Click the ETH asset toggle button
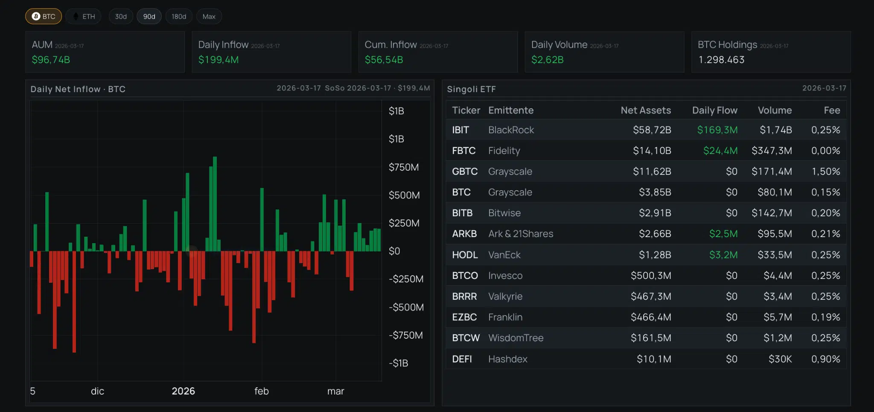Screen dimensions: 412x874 click(84, 17)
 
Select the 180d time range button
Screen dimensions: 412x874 click(179, 17)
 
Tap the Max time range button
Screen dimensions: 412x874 click(209, 17)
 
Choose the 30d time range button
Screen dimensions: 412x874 click(121, 17)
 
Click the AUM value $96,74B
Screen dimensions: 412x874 click(51, 60)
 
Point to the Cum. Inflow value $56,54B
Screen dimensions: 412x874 click(384, 60)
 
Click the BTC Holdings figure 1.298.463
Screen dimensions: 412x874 click(721, 60)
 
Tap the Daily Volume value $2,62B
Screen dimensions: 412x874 click(547, 60)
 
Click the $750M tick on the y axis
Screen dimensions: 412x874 click(403, 167)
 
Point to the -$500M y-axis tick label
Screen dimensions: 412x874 click(406, 307)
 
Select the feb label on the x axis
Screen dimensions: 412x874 click(262, 391)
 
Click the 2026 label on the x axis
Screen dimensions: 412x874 click(183, 391)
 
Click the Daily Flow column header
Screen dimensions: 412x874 click(714, 110)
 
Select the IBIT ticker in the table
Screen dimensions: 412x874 click(460, 130)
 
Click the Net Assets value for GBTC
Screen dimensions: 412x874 click(652, 171)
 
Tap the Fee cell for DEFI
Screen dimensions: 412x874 click(825, 359)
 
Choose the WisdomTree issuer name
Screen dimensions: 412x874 click(516, 338)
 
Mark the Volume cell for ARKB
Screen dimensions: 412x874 click(775, 234)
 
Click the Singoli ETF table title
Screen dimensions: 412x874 click(471, 89)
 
